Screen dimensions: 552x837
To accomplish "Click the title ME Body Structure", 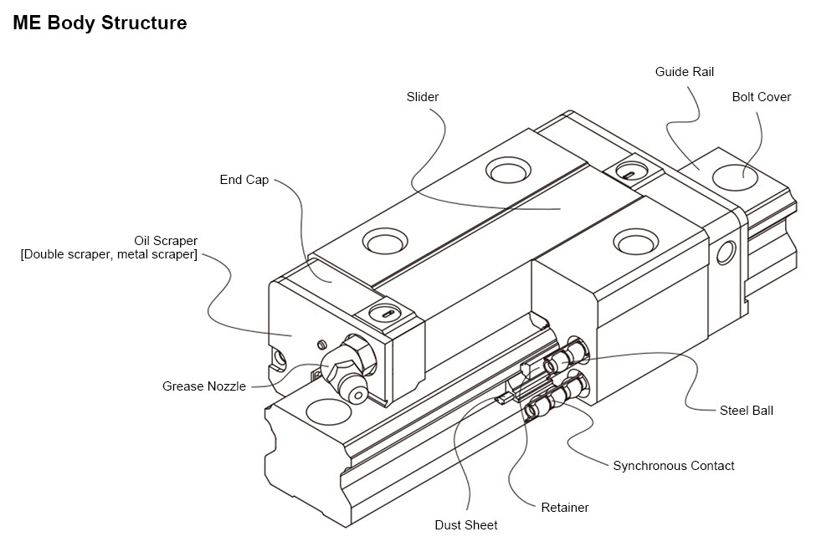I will [100, 23].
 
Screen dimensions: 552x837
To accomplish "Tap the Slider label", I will [423, 97].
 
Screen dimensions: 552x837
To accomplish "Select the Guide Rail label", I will [685, 72].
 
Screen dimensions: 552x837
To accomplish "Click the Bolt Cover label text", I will [761, 97].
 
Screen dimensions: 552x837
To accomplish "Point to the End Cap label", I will [244, 180].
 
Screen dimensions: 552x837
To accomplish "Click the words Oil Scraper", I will [166, 241].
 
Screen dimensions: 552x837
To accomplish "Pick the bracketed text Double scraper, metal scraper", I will [109, 254].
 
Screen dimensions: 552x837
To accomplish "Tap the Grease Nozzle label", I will [204, 386].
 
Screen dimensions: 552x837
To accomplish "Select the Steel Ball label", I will [746, 411].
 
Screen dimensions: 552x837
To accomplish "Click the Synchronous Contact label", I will [673, 466].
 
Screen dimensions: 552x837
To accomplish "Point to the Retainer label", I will [565, 508].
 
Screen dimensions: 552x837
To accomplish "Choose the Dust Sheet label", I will [466, 525].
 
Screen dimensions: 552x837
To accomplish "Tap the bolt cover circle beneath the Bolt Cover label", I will [734, 176].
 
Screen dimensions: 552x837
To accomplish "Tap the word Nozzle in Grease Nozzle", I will [227, 386].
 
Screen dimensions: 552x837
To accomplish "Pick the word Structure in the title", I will [143, 23].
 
